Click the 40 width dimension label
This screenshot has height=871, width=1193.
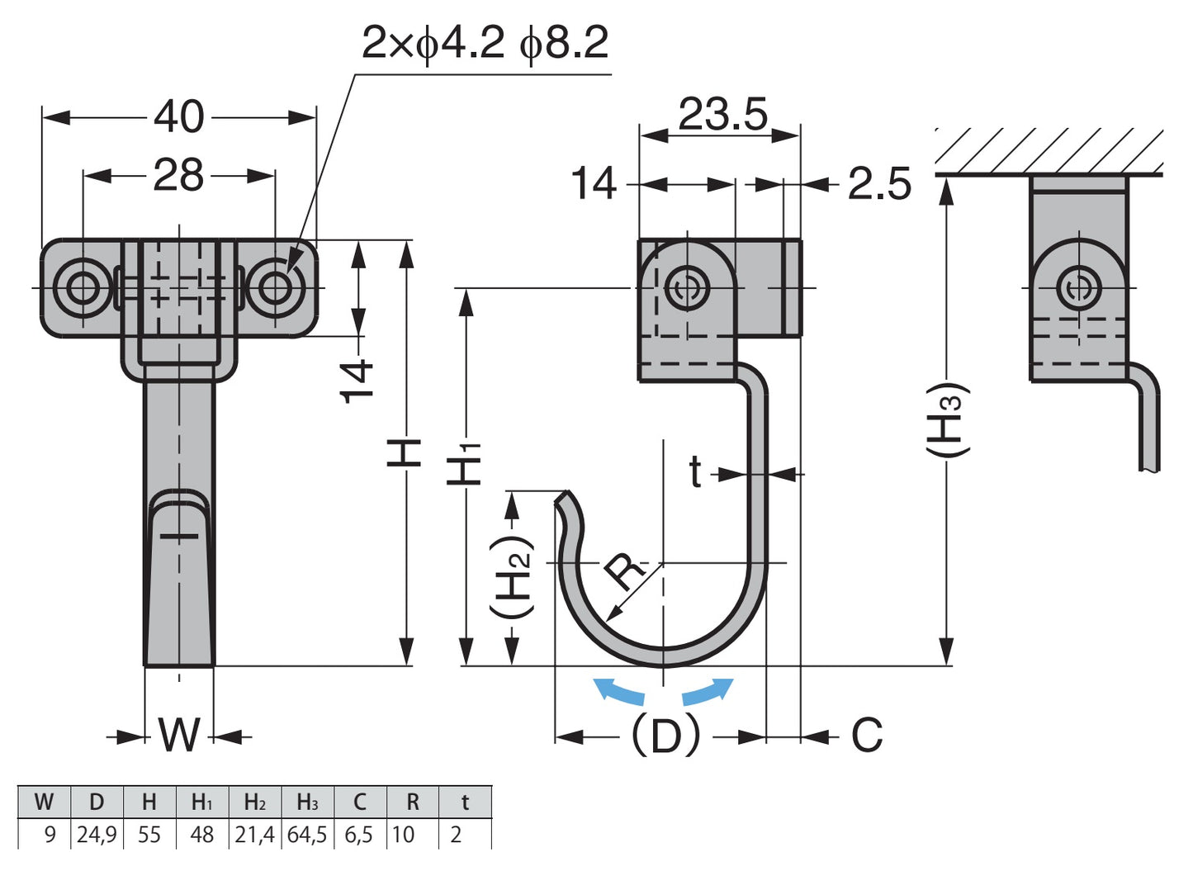[179, 116]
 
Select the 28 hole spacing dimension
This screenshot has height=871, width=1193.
[178, 175]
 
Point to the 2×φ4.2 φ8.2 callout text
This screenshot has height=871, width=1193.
[485, 43]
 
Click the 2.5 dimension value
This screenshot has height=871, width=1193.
[880, 184]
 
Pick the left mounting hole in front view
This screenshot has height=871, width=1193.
[82, 288]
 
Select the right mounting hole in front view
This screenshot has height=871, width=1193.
[277, 288]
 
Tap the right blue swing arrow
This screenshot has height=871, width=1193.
[708, 690]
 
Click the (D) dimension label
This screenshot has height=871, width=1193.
[665, 734]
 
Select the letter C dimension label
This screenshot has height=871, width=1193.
[867, 734]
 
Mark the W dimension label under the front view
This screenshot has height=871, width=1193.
[179, 734]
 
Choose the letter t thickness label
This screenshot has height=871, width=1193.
[696, 473]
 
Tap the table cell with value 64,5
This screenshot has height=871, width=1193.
[307, 835]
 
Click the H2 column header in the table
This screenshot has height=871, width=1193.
[255, 802]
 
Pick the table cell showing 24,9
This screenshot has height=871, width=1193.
[96, 835]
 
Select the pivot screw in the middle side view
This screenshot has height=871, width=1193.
[687, 289]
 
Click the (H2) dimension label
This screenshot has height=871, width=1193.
[512, 578]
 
